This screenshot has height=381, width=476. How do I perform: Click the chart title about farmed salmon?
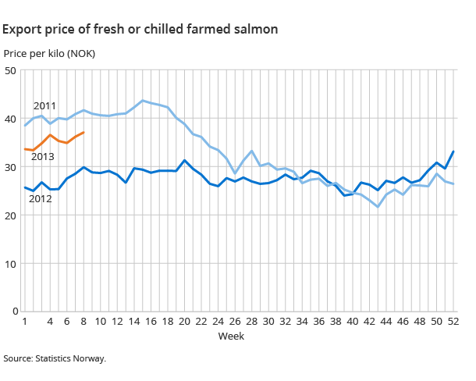point(140,29)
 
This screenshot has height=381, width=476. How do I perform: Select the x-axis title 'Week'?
point(232,336)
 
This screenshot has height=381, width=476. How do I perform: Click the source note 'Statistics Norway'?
point(54,359)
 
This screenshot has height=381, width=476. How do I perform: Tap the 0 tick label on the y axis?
point(14,312)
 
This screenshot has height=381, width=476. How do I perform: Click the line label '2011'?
point(44,105)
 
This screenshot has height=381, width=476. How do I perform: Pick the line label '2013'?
point(42,157)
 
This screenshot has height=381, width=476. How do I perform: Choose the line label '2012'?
point(40,199)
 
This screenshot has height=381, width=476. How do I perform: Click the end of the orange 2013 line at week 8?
point(83,133)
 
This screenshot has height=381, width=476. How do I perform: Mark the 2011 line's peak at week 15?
point(142,101)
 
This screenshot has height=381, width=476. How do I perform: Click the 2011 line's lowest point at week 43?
point(378,207)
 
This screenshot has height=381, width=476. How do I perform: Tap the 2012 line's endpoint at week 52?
point(453,151)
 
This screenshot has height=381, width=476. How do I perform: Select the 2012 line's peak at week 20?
point(184,160)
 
